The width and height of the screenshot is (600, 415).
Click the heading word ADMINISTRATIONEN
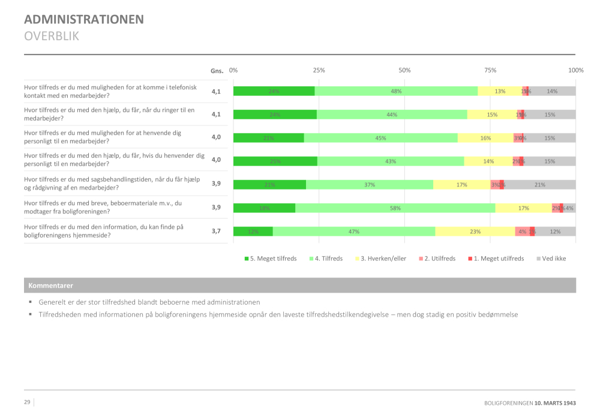point(84,19)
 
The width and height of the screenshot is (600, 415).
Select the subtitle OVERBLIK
point(52,36)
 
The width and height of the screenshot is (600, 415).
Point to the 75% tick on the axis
point(490,70)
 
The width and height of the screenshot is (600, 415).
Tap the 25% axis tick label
point(319,70)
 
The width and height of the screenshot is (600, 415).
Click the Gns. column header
point(217,71)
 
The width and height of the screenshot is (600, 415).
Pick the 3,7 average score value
point(216,230)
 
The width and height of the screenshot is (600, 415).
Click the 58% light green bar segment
point(395,208)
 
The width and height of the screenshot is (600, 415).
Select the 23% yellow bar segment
point(475,231)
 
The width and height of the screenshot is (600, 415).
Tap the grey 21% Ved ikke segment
point(539,185)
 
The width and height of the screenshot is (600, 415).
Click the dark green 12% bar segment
point(253,231)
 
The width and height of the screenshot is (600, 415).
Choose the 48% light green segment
point(396,91)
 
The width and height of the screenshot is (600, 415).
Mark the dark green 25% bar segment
point(275,161)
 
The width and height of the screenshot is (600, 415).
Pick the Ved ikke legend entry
point(550,258)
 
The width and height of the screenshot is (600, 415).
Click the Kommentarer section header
point(51,285)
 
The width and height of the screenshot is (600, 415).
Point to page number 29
point(27,402)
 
